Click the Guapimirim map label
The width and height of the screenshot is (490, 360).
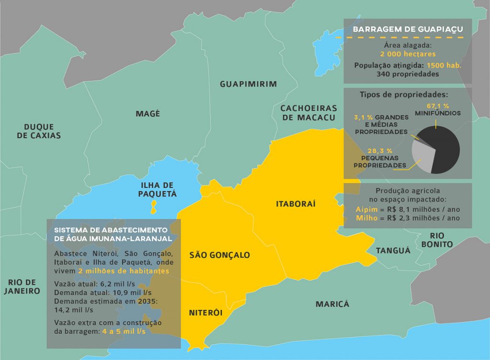(248, 84)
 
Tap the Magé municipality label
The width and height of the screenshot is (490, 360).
(148, 114)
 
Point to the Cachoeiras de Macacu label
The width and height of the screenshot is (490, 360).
(309, 113)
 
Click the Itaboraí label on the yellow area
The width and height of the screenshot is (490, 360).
(296, 204)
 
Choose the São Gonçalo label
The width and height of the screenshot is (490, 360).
(220, 255)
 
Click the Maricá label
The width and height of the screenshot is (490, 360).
(332, 304)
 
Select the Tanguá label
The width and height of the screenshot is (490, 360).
(393, 251)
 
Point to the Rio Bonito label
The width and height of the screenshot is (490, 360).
(441, 240)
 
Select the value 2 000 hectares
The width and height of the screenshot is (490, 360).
(408, 55)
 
